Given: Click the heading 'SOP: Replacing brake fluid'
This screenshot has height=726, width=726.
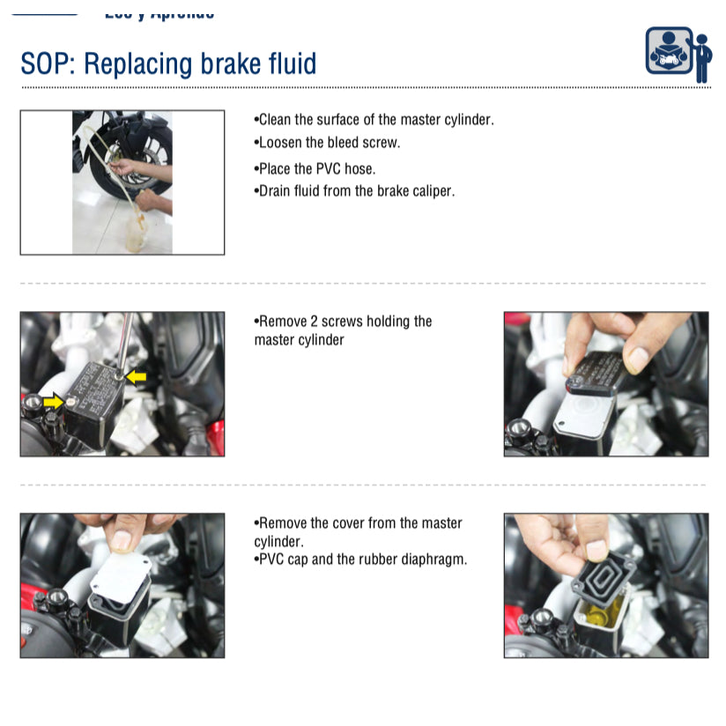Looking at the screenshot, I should click(x=168, y=63).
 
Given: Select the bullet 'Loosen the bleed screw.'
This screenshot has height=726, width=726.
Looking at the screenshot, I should click(x=327, y=143).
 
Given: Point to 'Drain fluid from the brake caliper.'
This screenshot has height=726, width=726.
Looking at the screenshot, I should click(x=354, y=190).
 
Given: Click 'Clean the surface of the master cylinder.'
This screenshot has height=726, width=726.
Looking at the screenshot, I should click(x=374, y=120).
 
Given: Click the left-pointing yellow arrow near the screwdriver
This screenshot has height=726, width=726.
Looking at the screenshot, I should click(x=136, y=377).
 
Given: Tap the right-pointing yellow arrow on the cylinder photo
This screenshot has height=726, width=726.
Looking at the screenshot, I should click(x=53, y=402).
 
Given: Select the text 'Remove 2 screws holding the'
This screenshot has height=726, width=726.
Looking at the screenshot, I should click(x=344, y=322).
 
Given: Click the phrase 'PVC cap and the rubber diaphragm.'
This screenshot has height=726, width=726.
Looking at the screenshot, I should click(x=360, y=559).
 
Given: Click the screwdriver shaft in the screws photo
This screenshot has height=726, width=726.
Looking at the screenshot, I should click(x=126, y=339).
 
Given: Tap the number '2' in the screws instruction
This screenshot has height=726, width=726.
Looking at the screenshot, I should click(x=314, y=322).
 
